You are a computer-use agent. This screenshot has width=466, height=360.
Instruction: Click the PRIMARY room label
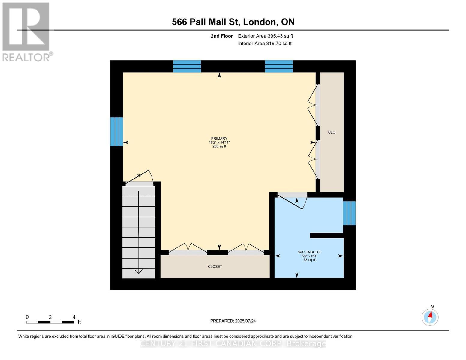click(x=219, y=139)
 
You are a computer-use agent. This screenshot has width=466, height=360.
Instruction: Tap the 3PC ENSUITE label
click(x=309, y=252)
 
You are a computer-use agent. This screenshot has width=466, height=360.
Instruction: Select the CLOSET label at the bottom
click(x=215, y=266)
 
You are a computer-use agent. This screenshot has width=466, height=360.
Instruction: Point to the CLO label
click(x=332, y=132)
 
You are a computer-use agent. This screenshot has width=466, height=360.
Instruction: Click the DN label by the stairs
click(x=139, y=175)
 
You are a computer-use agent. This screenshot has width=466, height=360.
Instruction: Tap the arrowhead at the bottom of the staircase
click(x=139, y=271)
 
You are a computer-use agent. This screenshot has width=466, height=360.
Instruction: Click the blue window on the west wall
click(x=116, y=132)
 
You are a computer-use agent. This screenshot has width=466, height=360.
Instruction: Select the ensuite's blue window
click(x=349, y=213)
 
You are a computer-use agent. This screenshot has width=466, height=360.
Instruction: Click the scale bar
click(x=50, y=322)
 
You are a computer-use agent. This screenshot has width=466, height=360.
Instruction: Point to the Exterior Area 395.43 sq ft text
click(x=265, y=36)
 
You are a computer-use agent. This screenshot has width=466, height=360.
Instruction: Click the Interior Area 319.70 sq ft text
click(x=265, y=43)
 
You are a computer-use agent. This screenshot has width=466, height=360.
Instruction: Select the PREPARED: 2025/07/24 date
click(x=233, y=321)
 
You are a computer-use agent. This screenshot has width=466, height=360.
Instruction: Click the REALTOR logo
click(x=27, y=32)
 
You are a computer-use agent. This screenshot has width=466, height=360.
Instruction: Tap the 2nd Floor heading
click(x=222, y=36)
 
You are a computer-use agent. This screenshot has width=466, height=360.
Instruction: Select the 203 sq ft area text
click(x=219, y=146)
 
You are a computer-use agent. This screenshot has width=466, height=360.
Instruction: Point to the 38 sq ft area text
click(x=309, y=260)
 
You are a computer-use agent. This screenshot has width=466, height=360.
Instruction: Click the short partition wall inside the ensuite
click(x=326, y=235)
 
